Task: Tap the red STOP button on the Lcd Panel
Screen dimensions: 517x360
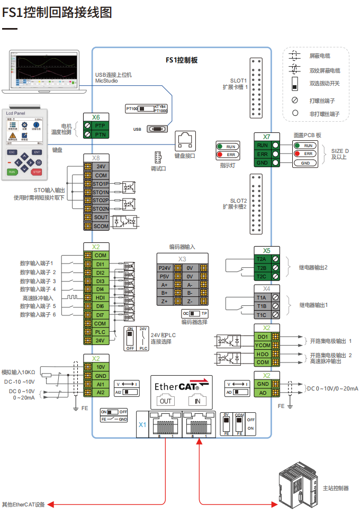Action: [37, 171]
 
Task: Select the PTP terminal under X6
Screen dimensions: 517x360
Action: [100, 126]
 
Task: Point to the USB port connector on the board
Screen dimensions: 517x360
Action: [157, 129]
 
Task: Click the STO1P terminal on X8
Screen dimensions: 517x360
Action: [101, 184]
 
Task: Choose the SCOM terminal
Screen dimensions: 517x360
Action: [101, 226]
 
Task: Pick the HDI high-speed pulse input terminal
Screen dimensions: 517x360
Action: [100, 298]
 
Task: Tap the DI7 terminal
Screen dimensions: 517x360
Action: [100, 315]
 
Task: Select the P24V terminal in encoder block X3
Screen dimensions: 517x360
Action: [165, 268]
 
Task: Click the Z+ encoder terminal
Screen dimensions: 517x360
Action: [165, 301]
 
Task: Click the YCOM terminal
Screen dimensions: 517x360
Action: [263, 346]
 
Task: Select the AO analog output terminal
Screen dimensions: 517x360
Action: [263, 393]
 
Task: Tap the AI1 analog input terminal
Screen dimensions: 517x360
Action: [100, 384]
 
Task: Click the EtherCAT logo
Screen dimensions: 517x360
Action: [181, 386]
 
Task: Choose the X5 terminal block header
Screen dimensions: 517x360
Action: [267, 250]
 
